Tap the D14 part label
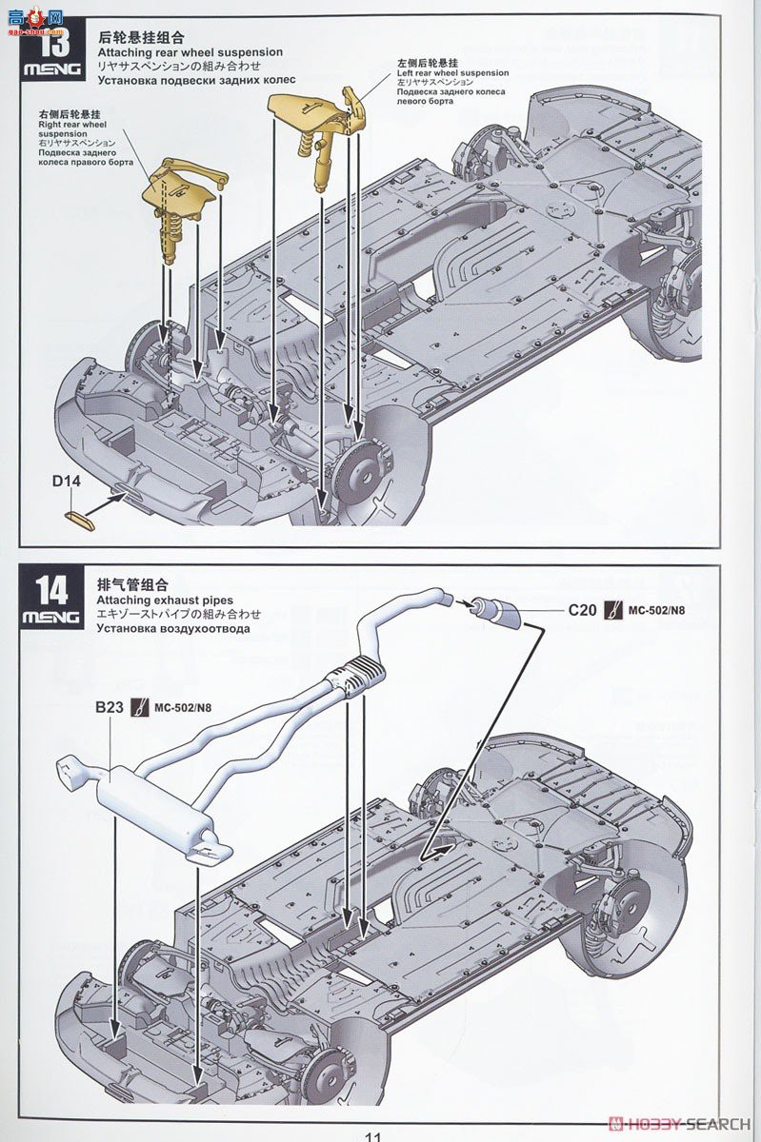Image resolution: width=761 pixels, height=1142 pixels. point(67,482)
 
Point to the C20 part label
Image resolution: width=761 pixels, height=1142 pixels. point(583,610)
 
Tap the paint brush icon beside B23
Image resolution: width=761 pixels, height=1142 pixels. point(141,707)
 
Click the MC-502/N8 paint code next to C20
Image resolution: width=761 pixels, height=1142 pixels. point(656,610)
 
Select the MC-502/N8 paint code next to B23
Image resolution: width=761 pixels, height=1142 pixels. point(183,707)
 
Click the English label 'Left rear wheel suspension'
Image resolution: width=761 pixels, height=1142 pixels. point(452,73)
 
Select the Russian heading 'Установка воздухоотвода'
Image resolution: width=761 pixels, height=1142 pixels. point(173,629)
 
